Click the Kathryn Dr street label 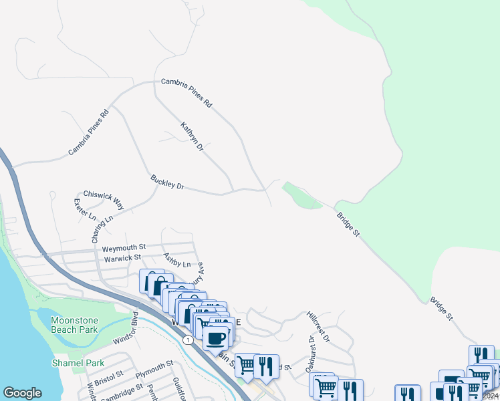pos(192,136)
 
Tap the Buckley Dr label pos(167,182)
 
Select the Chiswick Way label pos(104,198)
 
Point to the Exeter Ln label pos(85,210)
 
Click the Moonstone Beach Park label pos(74,325)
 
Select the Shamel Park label pos(78,363)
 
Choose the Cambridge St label pos(121,390)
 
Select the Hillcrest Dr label pos(318,326)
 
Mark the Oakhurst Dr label pos(309,355)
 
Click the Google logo pos(22,393)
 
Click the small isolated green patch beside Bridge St pos(302,196)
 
